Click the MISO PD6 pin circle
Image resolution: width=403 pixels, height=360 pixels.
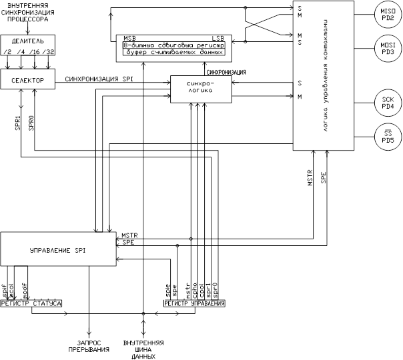388,13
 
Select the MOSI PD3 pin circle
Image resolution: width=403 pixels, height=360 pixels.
388,48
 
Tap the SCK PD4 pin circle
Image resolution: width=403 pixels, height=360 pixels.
388,103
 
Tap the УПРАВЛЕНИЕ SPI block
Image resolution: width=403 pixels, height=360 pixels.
59,249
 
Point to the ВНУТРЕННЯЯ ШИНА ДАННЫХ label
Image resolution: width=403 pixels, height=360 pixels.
143,348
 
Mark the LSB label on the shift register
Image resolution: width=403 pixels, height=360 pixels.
218,37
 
